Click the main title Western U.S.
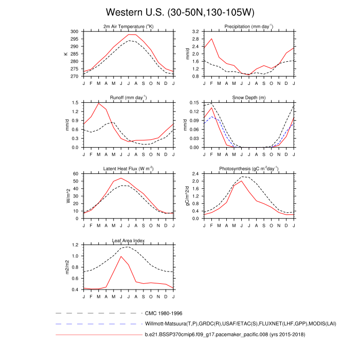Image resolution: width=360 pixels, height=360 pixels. [x=180, y=12]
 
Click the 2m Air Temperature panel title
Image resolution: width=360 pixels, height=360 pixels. [x=129, y=26]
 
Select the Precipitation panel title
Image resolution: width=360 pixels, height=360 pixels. [x=249, y=26]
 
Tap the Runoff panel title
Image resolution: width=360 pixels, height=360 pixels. [x=129, y=97]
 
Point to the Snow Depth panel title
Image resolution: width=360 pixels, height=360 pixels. [x=249, y=97]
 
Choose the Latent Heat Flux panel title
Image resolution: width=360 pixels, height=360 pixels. [x=129, y=169]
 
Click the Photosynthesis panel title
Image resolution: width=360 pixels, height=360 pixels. [x=249, y=169]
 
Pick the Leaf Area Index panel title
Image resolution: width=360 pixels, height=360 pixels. [x=129, y=240]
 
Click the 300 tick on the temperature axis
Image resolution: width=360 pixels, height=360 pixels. [x=75, y=31]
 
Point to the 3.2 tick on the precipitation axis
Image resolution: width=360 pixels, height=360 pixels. [x=196, y=31]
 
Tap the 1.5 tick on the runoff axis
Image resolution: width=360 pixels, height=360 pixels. [x=76, y=103]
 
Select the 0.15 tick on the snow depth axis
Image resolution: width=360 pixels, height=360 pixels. [x=194, y=103]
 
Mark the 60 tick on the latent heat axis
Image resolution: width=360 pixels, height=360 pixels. [x=77, y=174]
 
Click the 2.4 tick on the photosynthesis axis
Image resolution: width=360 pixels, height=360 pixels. [x=196, y=174]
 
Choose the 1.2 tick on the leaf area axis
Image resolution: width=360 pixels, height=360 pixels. [x=76, y=245]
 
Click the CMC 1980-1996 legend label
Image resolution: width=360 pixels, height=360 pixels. [x=164, y=313]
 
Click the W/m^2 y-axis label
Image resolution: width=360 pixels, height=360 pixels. [x=66, y=196]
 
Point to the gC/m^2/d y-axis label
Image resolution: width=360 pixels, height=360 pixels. [x=186, y=196]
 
